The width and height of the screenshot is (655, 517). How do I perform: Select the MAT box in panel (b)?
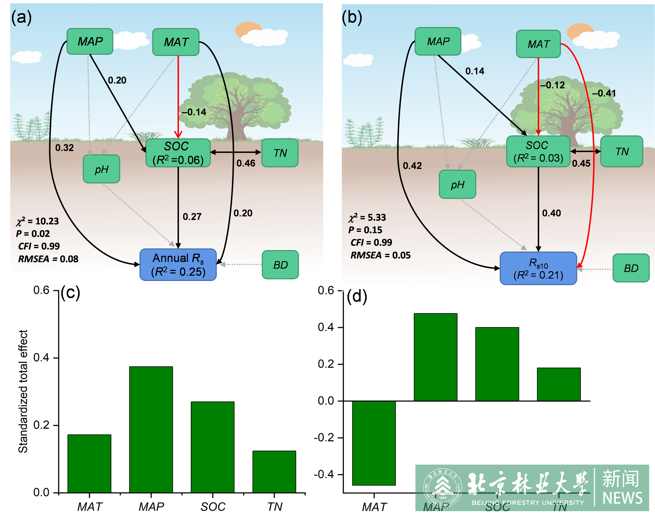coord(538,44)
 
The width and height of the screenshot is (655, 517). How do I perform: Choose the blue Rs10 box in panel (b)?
coord(538,268)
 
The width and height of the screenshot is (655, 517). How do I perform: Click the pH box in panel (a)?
coord(102,169)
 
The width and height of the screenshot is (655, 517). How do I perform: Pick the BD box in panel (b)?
coord(631,268)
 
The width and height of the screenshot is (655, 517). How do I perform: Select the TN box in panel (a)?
coord(280,153)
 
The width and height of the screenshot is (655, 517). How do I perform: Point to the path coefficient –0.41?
coord(604,93)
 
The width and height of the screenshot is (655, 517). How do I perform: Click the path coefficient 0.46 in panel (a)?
coord(246,163)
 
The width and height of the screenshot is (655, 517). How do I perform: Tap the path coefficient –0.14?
coord(194,112)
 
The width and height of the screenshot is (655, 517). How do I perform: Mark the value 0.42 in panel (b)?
coord(412,166)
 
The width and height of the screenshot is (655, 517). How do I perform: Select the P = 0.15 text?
coord(365,230)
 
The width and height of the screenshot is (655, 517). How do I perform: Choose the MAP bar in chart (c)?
coord(151,430)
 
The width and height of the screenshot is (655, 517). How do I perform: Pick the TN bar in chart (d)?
coord(558,384)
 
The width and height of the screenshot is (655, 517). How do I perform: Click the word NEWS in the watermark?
coord(622,498)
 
